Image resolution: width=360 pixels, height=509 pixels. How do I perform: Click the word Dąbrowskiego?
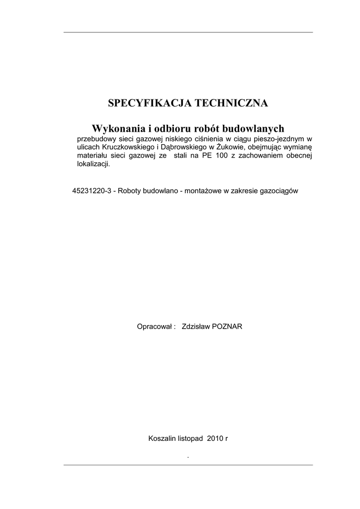pyautogui.click(x=180, y=147)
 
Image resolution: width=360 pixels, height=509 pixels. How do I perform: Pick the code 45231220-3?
pyautogui.click(x=92, y=190)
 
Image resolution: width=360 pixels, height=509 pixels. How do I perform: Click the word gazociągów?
pyautogui.click(x=279, y=190)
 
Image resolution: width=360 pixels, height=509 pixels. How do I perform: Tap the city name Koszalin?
pyautogui.click(x=162, y=438)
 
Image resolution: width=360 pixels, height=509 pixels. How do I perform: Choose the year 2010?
pyautogui.click(x=215, y=438)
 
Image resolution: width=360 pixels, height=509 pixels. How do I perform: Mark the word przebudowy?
pyautogui.click(x=95, y=139)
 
